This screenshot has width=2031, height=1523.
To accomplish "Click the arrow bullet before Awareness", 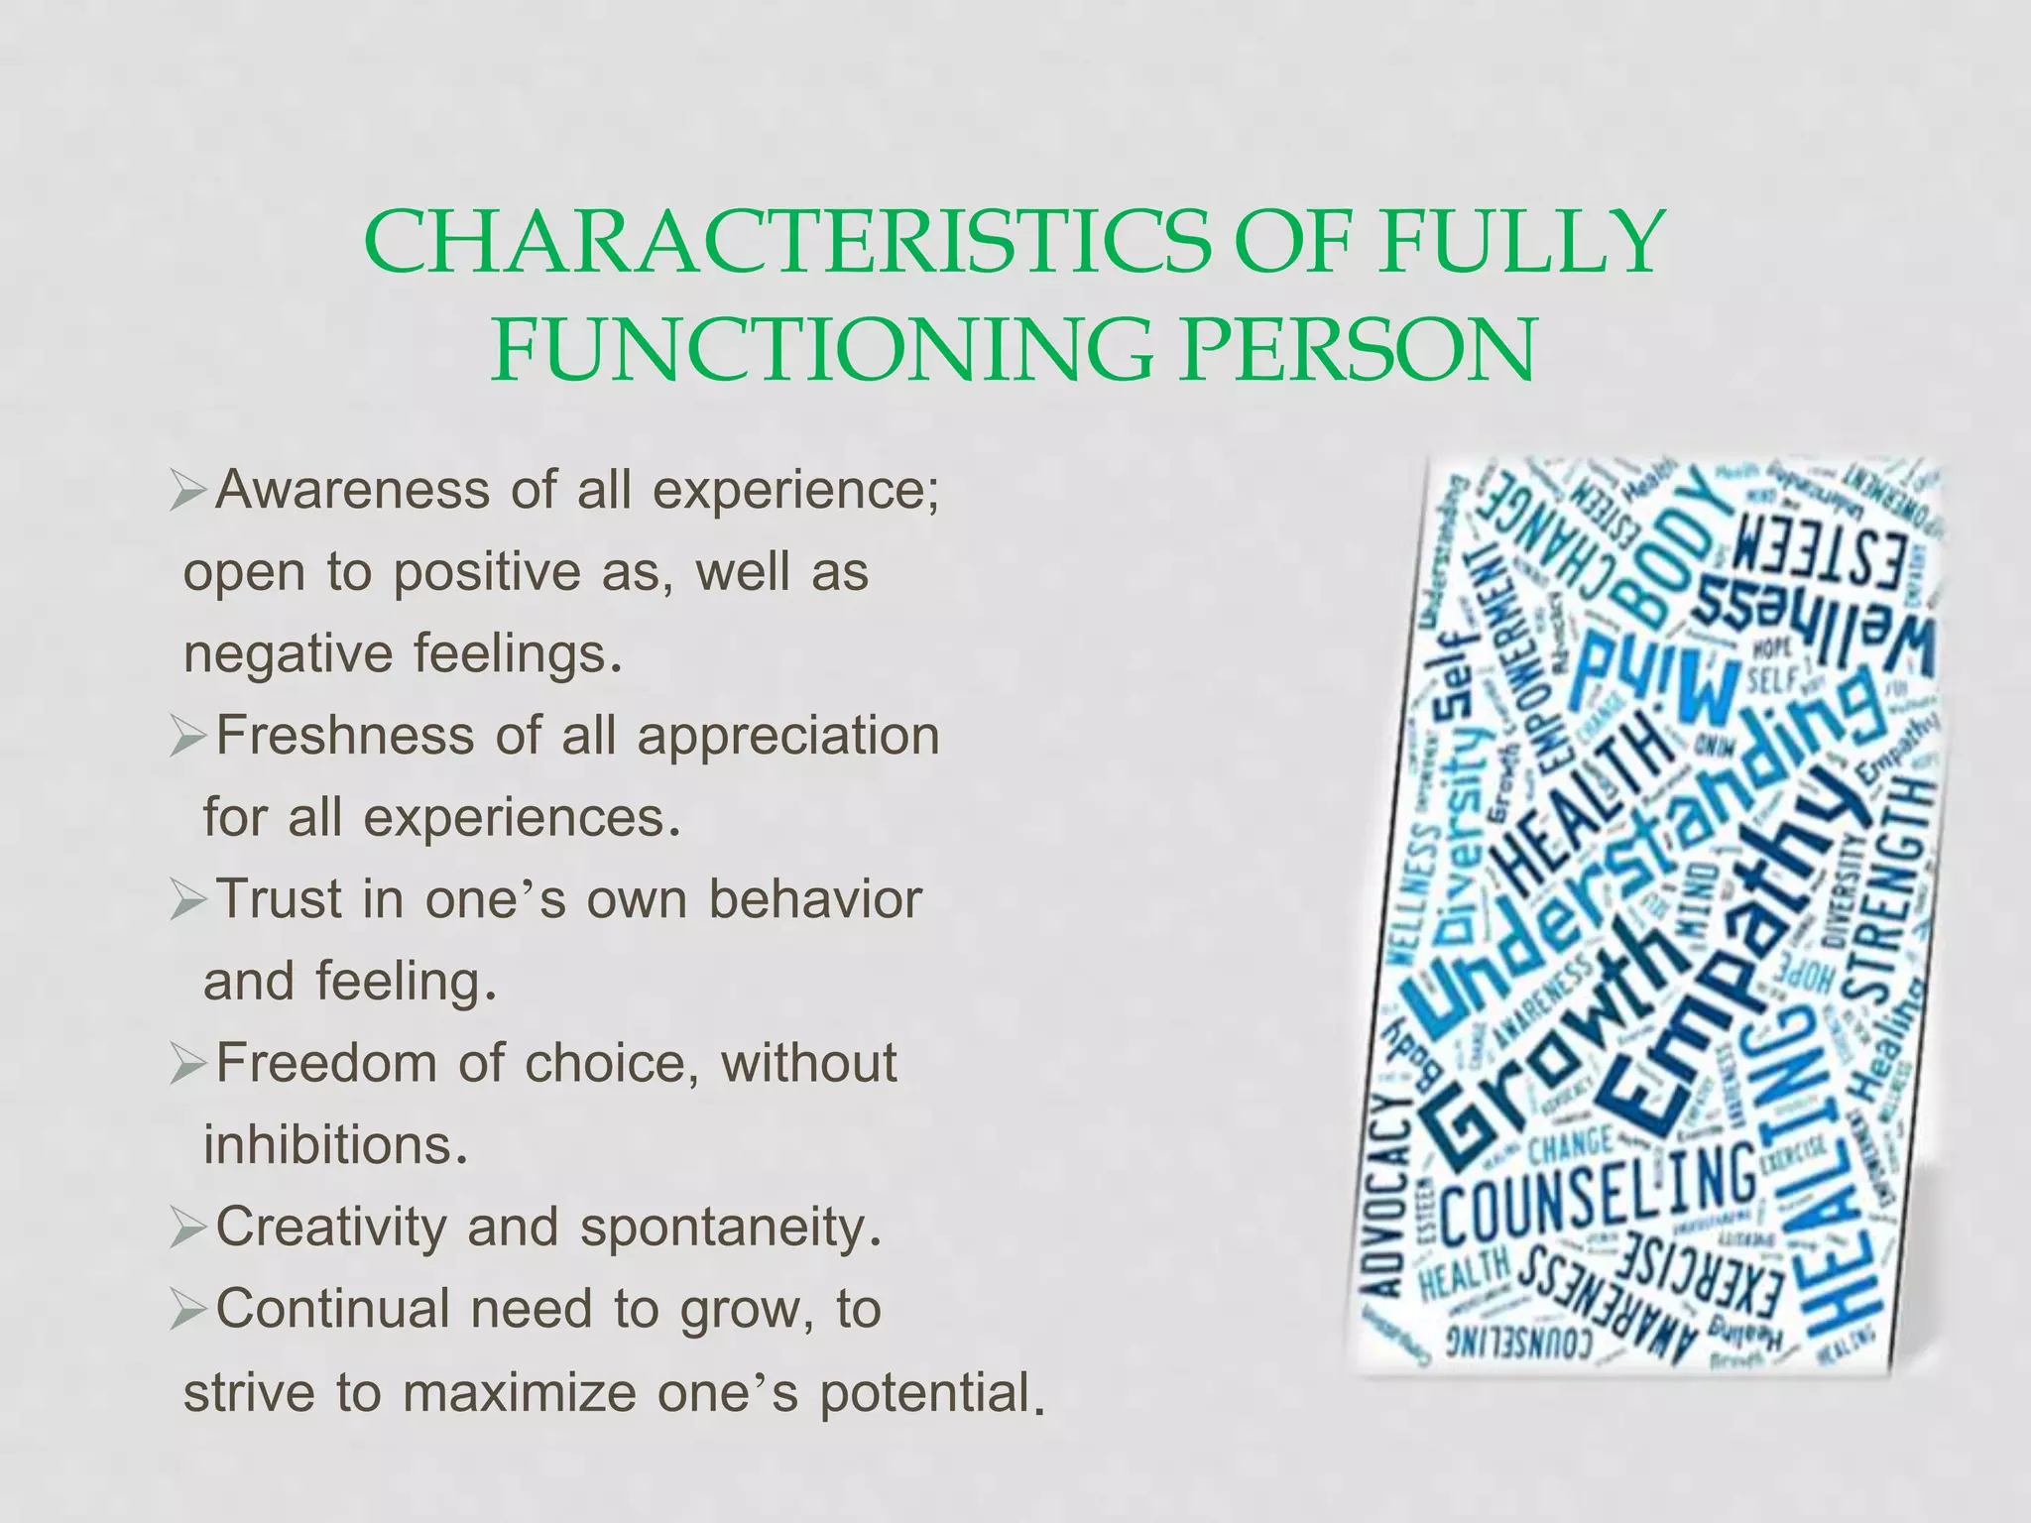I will coord(188,492).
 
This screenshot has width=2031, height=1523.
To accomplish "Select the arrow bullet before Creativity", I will coord(188,1229).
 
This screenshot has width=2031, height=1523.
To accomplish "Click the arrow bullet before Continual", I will coord(188,1311).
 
